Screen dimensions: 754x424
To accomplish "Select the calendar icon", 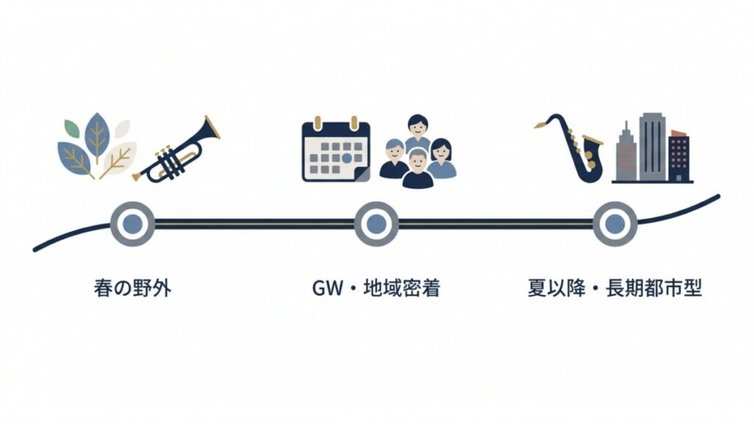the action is tap(336, 149).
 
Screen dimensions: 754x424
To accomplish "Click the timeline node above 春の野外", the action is tap(133, 224).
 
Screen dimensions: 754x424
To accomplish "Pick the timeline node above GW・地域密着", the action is tap(376, 224).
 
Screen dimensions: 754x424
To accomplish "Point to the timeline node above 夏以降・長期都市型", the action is tap(615, 224).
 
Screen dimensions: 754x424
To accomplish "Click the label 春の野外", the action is tap(133, 289).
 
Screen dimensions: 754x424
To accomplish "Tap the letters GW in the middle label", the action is tap(328, 289).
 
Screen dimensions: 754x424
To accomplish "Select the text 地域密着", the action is tap(402, 289).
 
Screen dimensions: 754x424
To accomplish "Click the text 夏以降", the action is tap(557, 289).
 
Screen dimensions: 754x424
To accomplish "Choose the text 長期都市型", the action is tap(654, 289).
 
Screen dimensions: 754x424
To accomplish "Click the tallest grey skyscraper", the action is tap(652, 147).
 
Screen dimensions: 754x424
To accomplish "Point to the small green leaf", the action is tap(72, 129).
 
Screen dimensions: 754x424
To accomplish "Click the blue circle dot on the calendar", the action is tap(347, 158).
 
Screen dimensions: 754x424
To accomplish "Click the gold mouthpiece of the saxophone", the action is tap(541, 125).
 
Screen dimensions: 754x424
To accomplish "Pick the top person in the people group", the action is tap(417, 132).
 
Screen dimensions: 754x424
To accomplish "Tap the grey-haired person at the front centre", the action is tap(418, 169).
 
